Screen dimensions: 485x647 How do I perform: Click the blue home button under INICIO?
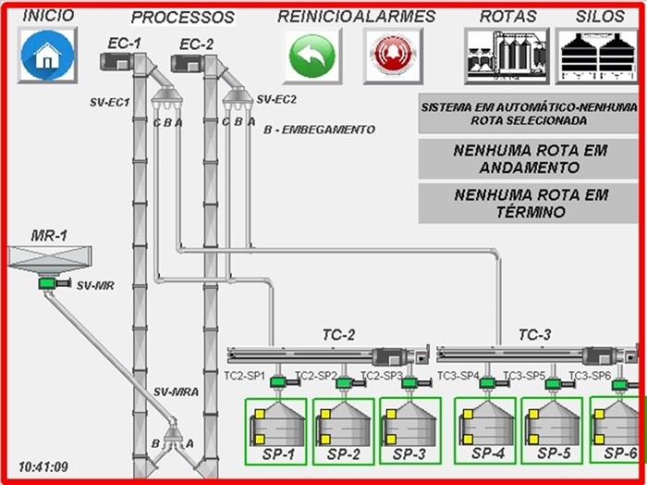tap(44, 56)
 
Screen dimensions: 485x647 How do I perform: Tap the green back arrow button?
tap(311, 56)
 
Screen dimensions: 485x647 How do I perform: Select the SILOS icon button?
tap(596, 56)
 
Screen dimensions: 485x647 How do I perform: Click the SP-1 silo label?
tap(277, 454)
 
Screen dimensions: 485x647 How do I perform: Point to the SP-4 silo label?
tap(488, 454)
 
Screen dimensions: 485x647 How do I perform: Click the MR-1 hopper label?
tap(49, 236)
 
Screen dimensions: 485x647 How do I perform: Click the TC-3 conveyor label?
tap(535, 334)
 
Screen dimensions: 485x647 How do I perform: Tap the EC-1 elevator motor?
tap(117, 62)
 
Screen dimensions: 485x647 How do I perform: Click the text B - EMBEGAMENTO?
tap(319, 130)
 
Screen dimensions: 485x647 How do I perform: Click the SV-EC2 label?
tap(276, 99)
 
